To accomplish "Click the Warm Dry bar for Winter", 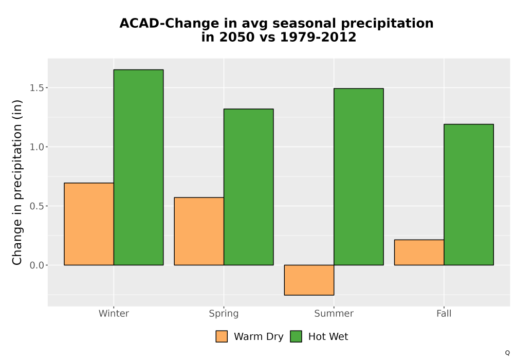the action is pos(89,224).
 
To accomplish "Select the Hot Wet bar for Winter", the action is pos(138,167).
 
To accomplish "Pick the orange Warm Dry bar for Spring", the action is pos(199,231).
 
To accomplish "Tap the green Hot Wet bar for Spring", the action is pos(248,187).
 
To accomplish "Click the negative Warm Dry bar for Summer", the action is pos(309,280).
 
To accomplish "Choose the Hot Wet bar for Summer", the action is pos(359,177).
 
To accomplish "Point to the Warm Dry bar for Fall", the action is pos(419,253).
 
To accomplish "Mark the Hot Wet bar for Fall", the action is pos(469,194).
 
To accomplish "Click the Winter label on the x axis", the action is pos(114,313).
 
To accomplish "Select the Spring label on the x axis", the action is pos(224,314).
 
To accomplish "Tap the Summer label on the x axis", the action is pos(334,313).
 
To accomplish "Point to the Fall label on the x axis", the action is pos(444,313).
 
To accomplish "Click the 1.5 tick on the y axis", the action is pos(36,88).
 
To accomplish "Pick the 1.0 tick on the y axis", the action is pos(36,147).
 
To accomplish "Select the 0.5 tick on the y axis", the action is pos(36,206).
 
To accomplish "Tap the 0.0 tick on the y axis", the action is pos(36,265).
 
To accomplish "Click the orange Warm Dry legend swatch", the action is pos(222,336).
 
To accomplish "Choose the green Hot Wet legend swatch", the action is pos(296,336).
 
